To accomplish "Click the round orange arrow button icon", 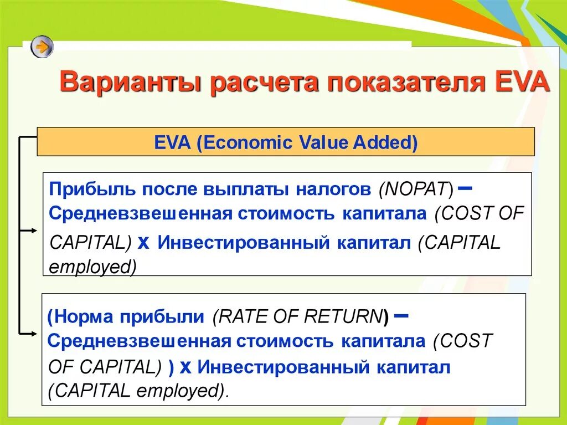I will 42,46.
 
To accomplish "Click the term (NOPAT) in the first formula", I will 416,189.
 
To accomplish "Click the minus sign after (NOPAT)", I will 465,188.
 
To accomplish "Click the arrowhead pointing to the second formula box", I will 34,334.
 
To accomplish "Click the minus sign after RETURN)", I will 403,316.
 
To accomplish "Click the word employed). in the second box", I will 183,391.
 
